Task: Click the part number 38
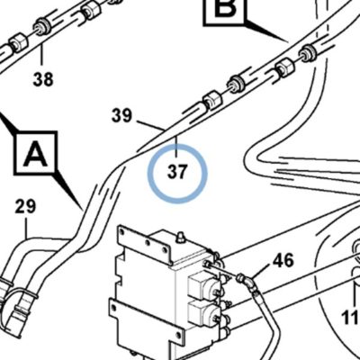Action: click(x=43, y=79)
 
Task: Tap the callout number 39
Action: click(x=121, y=116)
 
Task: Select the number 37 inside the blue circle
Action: click(x=177, y=172)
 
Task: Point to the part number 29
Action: click(x=25, y=206)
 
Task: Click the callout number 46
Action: click(x=283, y=260)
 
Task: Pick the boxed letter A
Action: click(x=36, y=153)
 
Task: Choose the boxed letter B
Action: click(x=224, y=9)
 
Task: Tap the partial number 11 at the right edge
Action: click(x=351, y=318)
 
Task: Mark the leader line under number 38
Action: click(x=41, y=56)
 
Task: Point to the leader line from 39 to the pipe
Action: click(x=150, y=125)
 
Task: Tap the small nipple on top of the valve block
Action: click(x=180, y=237)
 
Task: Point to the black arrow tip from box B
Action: click(x=287, y=40)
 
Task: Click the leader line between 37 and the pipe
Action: click(x=177, y=148)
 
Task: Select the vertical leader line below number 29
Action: click(x=26, y=228)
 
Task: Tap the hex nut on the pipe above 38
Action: click(x=19, y=42)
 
